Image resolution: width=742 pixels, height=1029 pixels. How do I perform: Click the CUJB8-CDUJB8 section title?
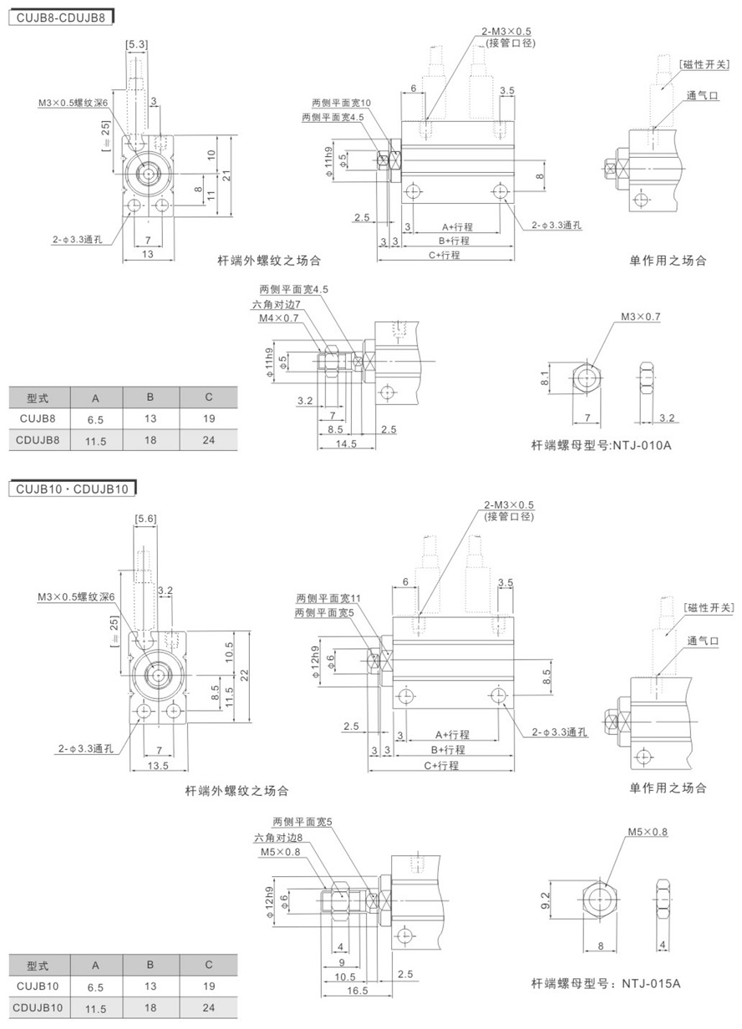(x=61, y=18)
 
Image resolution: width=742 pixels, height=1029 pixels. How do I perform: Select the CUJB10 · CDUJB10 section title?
(x=72, y=489)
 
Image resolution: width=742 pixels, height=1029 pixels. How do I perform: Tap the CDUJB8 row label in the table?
(x=38, y=439)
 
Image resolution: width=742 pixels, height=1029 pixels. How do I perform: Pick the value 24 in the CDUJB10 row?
(x=209, y=1007)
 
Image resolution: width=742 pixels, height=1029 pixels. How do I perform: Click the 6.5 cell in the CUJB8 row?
(x=95, y=419)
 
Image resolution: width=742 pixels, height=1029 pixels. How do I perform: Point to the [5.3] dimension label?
(x=136, y=44)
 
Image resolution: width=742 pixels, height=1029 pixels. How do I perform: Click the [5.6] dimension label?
(x=145, y=519)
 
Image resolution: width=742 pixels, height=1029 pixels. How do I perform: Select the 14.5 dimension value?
(x=346, y=444)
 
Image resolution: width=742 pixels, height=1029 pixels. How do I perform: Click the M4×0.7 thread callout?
(x=278, y=318)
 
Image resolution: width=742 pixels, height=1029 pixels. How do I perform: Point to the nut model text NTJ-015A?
(x=651, y=984)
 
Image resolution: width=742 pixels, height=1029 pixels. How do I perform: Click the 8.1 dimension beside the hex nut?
(x=545, y=378)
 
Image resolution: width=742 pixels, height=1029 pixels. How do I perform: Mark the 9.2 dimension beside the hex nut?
(x=546, y=900)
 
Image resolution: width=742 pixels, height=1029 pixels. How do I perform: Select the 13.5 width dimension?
(x=158, y=766)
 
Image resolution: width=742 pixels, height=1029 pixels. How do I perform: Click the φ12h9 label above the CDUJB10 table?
(x=269, y=901)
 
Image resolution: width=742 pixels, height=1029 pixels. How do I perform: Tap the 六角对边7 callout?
(x=276, y=304)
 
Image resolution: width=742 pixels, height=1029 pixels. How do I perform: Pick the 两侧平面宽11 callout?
(x=328, y=598)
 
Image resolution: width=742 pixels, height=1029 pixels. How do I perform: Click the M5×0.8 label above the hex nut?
(x=648, y=832)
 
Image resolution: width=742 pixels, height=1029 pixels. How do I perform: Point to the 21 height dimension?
(x=226, y=175)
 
